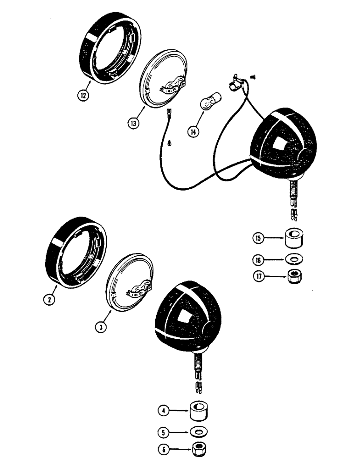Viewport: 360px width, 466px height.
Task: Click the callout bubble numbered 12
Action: (82, 96)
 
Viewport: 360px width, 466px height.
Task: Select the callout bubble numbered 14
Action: (193, 131)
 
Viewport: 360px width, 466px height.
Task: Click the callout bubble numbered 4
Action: (162, 411)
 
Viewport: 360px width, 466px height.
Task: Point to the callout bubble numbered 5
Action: (162, 432)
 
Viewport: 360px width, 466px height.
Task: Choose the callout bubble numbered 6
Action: (162, 450)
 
